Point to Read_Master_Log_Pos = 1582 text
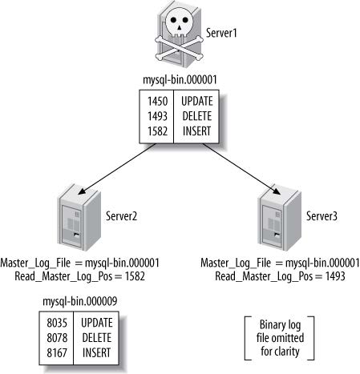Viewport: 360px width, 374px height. [79, 276]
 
